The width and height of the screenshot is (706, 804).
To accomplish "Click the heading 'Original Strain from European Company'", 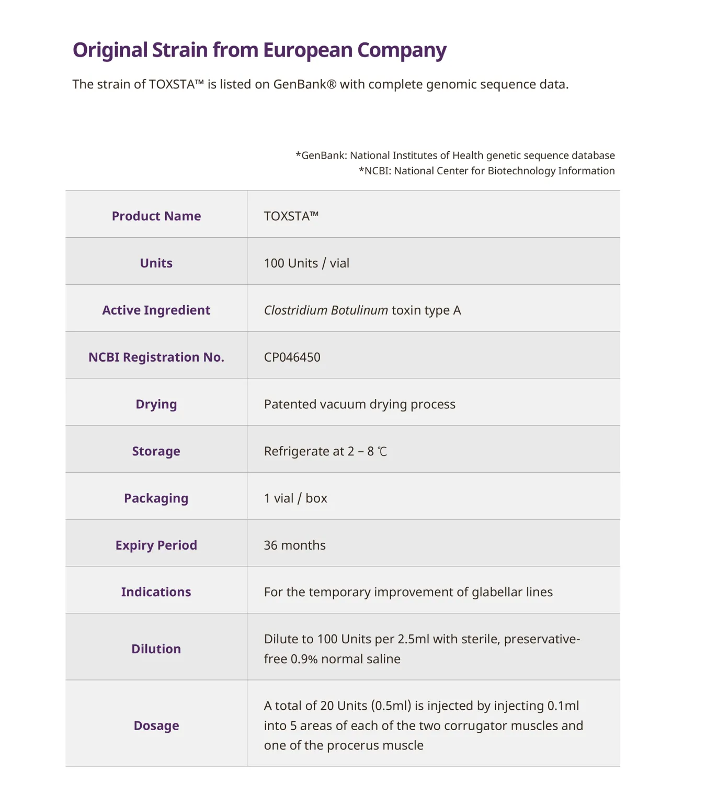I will pos(259,50).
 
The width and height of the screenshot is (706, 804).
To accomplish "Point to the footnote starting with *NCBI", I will pos(486,171).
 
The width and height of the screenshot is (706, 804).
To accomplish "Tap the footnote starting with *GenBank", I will pos(455,155).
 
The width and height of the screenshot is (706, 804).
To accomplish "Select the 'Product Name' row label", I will pos(156,216).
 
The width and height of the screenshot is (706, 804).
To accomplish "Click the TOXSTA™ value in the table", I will pos(291,216).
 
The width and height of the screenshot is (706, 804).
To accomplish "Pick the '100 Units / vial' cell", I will pos(306,263).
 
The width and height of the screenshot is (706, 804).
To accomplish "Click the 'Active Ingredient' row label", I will pos(156,310).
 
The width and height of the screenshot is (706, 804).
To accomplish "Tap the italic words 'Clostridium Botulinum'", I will pos(326,310).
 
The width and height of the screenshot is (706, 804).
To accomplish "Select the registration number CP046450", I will pos(292,358).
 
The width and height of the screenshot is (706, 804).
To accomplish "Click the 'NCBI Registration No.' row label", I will pos(156,358).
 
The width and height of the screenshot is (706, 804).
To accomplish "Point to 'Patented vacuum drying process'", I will pos(359,405).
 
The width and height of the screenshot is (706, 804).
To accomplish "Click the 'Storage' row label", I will pos(156,451).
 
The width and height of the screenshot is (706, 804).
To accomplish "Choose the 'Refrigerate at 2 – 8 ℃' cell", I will pos(325,451).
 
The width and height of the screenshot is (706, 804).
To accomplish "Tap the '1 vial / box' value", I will pos(295,498).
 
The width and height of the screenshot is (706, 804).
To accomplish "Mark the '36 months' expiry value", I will pos(294,545).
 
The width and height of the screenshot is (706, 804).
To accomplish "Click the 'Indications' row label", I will pos(156,592).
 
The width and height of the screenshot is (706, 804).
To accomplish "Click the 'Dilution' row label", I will pos(156,649).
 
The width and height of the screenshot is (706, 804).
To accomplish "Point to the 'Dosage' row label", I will pos(156,725).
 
